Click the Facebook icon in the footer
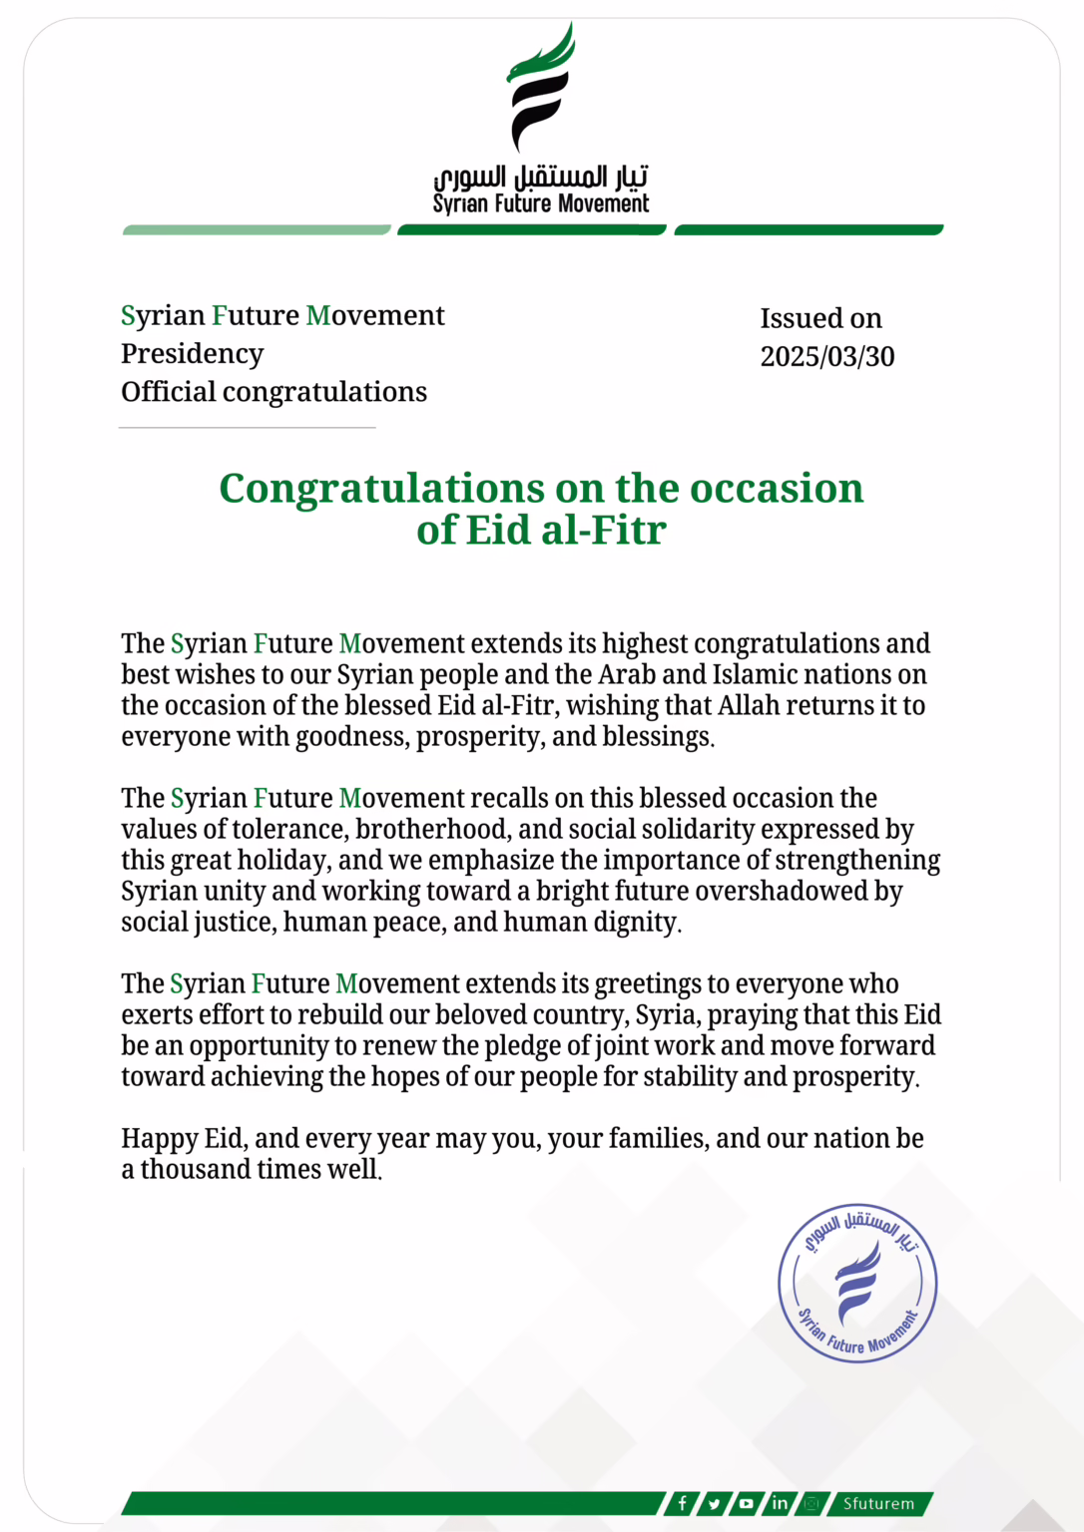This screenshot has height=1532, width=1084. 683,1503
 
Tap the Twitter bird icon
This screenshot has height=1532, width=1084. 715,1503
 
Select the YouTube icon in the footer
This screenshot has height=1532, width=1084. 747,1503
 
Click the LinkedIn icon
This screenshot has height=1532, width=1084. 780,1503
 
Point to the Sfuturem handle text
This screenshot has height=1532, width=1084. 878,1503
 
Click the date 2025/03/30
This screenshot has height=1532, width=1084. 827,356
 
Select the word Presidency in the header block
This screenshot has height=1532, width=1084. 193,354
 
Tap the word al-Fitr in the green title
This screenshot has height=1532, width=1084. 603,531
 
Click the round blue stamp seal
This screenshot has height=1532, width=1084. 857,1283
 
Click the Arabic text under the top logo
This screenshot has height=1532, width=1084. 541,179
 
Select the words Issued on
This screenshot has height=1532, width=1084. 820,318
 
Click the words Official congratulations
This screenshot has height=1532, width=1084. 273,392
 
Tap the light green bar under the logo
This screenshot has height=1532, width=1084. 257,230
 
